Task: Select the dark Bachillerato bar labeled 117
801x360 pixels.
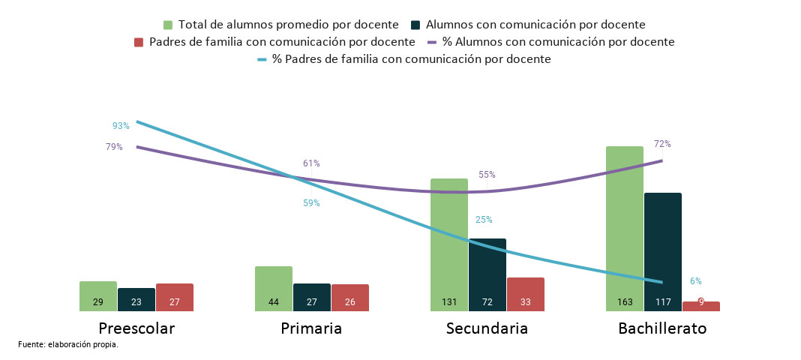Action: (x=662, y=251)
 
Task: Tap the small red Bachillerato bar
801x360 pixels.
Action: (x=700, y=306)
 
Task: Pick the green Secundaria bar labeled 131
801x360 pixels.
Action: (x=448, y=244)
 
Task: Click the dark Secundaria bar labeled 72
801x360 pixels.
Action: (x=487, y=274)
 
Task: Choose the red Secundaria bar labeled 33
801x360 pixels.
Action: (x=525, y=294)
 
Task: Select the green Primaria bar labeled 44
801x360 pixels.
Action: (x=273, y=289)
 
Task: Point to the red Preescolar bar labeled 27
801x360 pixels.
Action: (x=174, y=297)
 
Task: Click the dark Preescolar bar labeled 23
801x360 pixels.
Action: (x=136, y=299)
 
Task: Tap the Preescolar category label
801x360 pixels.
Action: (x=136, y=328)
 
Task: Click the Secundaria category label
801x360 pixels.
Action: (x=487, y=328)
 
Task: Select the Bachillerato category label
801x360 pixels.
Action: (x=662, y=328)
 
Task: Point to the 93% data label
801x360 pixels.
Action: (x=121, y=126)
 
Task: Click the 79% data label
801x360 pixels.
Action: (x=114, y=147)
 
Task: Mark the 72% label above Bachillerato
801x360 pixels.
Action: (x=662, y=144)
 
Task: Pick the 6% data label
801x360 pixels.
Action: (x=695, y=281)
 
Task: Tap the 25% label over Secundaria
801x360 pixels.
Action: (x=484, y=220)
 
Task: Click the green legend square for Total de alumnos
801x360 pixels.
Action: (x=168, y=25)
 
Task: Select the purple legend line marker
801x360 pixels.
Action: (x=432, y=42)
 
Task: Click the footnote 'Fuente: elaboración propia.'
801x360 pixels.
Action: (x=68, y=345)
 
